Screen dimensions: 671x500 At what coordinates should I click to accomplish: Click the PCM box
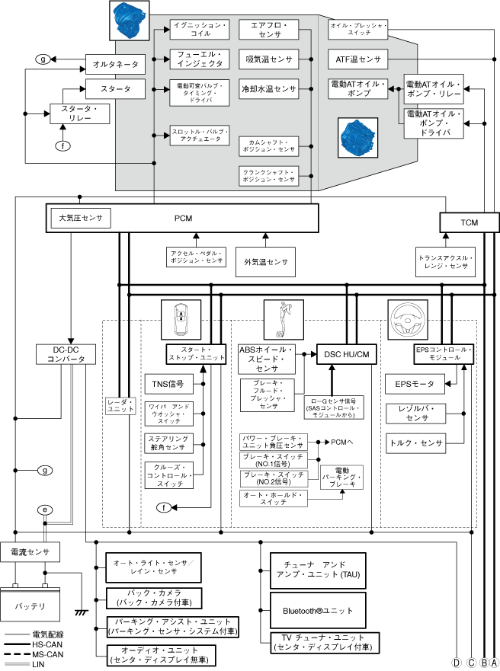183,219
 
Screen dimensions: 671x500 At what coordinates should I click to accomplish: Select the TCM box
469,222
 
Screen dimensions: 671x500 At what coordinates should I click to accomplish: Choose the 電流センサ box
30,551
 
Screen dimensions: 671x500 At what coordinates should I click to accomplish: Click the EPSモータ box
415,384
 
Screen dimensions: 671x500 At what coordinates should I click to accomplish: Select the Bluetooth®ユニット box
319,611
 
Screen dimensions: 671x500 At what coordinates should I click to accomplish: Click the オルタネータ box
114,66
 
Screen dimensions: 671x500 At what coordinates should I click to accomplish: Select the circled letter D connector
457,662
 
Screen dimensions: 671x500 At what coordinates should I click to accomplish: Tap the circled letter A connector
494,662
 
